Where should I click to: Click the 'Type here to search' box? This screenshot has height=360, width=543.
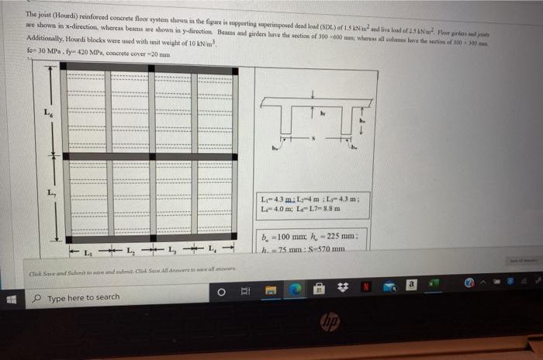(116, 296)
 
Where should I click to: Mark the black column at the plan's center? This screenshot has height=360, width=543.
(150, 157)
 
